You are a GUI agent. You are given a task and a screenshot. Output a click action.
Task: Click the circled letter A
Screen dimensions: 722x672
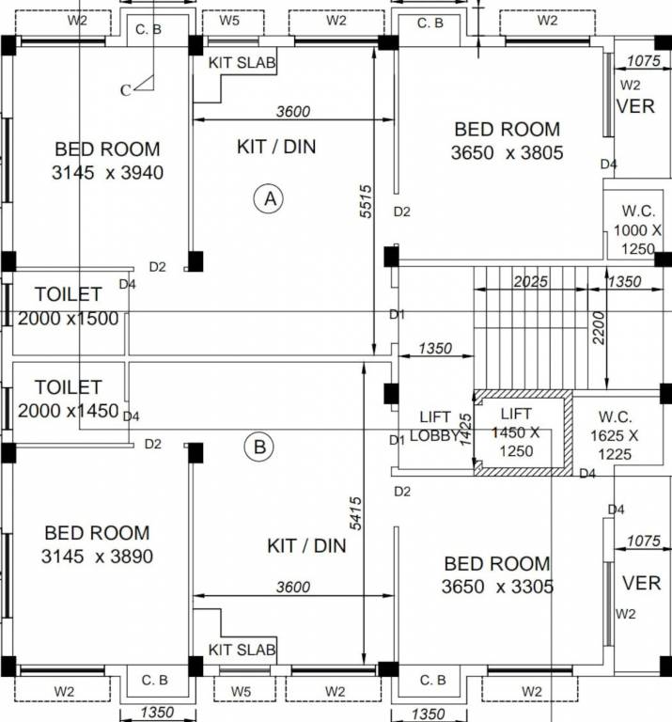(270, 198)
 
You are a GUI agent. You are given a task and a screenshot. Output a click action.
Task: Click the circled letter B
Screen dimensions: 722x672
(258, 447)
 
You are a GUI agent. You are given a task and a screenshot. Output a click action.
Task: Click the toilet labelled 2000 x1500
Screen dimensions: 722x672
(68, 306)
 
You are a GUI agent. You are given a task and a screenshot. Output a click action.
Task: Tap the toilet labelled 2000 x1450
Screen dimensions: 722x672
(68, 399)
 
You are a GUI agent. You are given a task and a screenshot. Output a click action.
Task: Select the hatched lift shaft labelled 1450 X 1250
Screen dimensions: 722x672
(518, 432)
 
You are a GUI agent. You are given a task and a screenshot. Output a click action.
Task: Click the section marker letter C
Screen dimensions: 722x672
(125, 90)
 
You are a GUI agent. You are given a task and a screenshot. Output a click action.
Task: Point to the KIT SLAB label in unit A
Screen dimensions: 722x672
(242, 63)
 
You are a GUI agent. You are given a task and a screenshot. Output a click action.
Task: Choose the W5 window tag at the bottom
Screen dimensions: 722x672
(240, 692)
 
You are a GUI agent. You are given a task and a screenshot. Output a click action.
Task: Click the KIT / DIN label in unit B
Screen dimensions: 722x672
(306, 545)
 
